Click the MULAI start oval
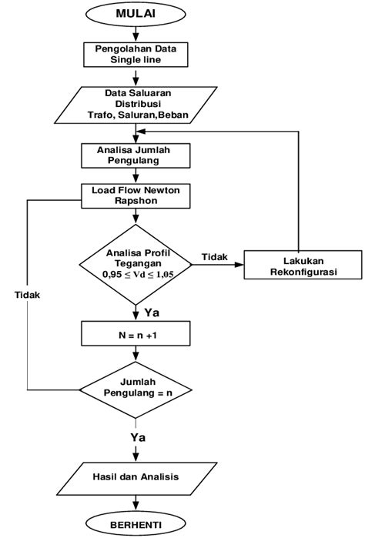tap(136, 15)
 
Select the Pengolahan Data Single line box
tap(136, 54)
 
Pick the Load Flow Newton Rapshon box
tap(136, 194)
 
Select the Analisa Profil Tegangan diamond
tap(136, 262)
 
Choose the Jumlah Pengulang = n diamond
tap(136, 386)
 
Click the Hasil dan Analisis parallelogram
tap(136, 476)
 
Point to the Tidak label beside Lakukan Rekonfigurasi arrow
tap(214, 256)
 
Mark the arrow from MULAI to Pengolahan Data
tap(136, 32)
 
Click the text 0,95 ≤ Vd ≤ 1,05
tap(136, 273)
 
